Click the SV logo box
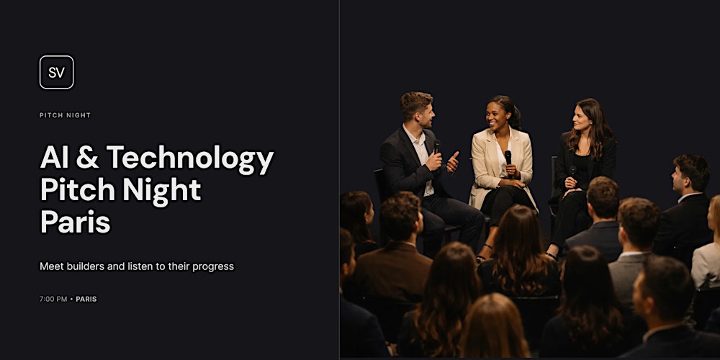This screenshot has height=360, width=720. coord(56,72)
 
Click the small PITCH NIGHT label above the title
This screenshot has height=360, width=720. coord(65,115)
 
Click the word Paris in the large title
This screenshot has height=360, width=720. coord(75,221)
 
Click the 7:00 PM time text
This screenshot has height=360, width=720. coord(53,299)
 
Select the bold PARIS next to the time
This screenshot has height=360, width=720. coord(86,299)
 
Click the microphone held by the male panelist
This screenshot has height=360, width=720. coord(437,148)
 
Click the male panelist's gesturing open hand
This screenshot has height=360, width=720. coord(453,161)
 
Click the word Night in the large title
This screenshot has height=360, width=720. coord(162,189)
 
